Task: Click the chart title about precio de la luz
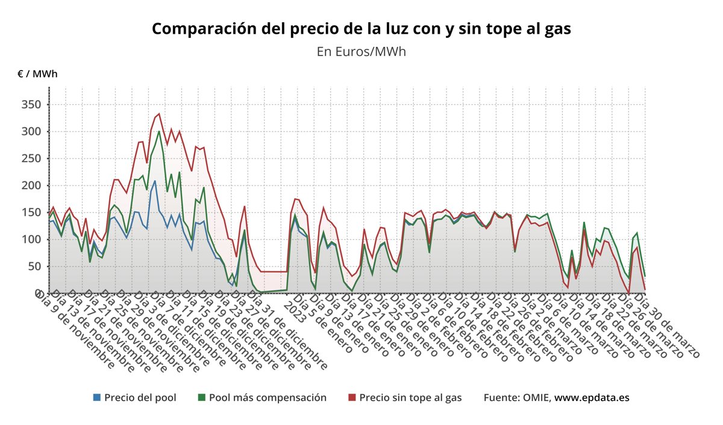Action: click(x=361, y=29)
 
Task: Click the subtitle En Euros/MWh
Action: click(x=361, y=51)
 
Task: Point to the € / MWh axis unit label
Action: click(x=37, y=74)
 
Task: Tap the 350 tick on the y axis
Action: click(x=31, y=105)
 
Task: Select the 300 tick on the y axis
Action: click(x=31, y=132)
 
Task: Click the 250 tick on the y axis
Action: click(x=31, y=159)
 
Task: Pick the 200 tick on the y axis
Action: click(x=31, y=186)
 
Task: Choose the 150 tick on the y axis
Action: click(x=31, y=213)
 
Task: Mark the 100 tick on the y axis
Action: click(x=31, y=239)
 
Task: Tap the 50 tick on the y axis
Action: click(x=34, y=266)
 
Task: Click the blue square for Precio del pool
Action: click(x=97, y=398)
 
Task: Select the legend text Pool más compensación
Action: click(x=268, y=398)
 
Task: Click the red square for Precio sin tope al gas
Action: click(x=352, y=398)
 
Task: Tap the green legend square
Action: click(x=202, y=398)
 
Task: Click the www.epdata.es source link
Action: click(x=592, y=398)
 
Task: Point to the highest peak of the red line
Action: click(x=159, y=113)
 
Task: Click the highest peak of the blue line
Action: click(x=155, y=181)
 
